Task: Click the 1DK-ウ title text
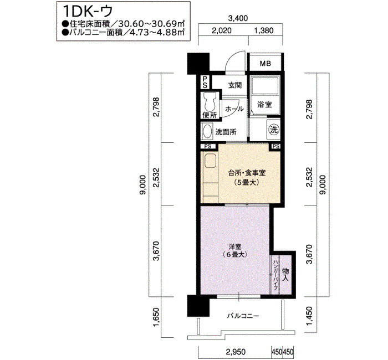pos(88,11)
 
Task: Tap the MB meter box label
pos(265,64)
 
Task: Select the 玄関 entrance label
pos(234,85)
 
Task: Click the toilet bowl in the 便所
pos(210,102)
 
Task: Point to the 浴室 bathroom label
pos(264,105)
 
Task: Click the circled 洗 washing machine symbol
pos(274,130)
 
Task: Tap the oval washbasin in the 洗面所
pos(207,131)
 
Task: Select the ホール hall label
pos(234,109)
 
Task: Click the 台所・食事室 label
pos(247,173)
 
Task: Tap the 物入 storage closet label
pos(285,275)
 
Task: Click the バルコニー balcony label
pos(243,316)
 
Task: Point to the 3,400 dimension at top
pos(238,18)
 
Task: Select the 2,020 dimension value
pos(222,30)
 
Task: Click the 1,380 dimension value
pos(264,30)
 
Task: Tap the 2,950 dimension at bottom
pos(236,352)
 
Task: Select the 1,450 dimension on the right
pos(309,317)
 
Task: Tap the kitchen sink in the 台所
pos(210,161)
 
